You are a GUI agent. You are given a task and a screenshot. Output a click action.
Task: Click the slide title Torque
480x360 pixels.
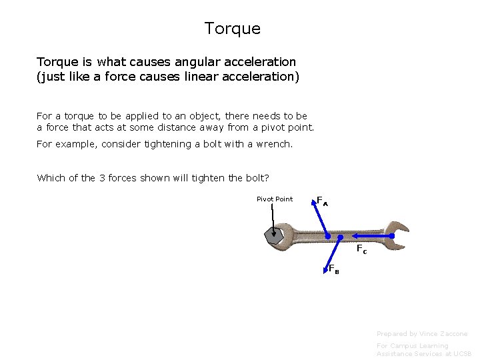point(233,29)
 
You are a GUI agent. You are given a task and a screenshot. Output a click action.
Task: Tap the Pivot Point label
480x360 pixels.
point(275,199)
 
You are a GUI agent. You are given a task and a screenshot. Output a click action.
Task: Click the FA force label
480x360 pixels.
point(322,201)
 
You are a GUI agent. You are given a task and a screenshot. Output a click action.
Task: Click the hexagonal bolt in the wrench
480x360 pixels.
point(273,235)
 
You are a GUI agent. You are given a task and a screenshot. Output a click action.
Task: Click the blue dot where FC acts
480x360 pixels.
point(340,237)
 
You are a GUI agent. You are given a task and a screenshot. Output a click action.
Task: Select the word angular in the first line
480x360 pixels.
point(198,62)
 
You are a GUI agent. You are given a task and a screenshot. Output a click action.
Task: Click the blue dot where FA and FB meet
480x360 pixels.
point(327,237)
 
